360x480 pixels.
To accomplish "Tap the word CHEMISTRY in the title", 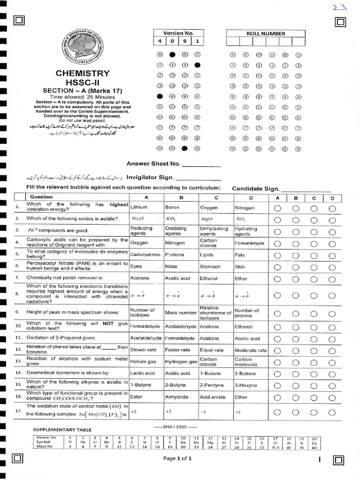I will (x=82, y=74).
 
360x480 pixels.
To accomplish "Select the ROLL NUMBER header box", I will (x=265, y=34).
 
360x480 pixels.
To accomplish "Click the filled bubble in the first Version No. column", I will (x=160, y=96).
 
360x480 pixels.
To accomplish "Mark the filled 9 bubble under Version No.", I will (x=185, y=149).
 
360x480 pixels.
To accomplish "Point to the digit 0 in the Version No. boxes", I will (x=172, y=42).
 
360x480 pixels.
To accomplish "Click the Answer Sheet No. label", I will (x=153, y=164).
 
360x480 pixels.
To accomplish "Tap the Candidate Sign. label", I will (x=255, y=189).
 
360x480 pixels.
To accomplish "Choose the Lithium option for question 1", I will (x=139, y=208).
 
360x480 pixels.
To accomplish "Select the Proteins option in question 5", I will (x=174, y=255).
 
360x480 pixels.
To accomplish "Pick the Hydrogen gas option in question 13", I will (x=181, y=362).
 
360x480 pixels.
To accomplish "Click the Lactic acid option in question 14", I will (x=142, y=373).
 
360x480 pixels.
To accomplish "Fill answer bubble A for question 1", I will (x=277, y=208).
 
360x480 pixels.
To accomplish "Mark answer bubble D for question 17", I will (x=332, y=412).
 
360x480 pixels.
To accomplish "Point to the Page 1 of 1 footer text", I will (x=178, y=458).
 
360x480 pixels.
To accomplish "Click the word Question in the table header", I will (x=42, y=197).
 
